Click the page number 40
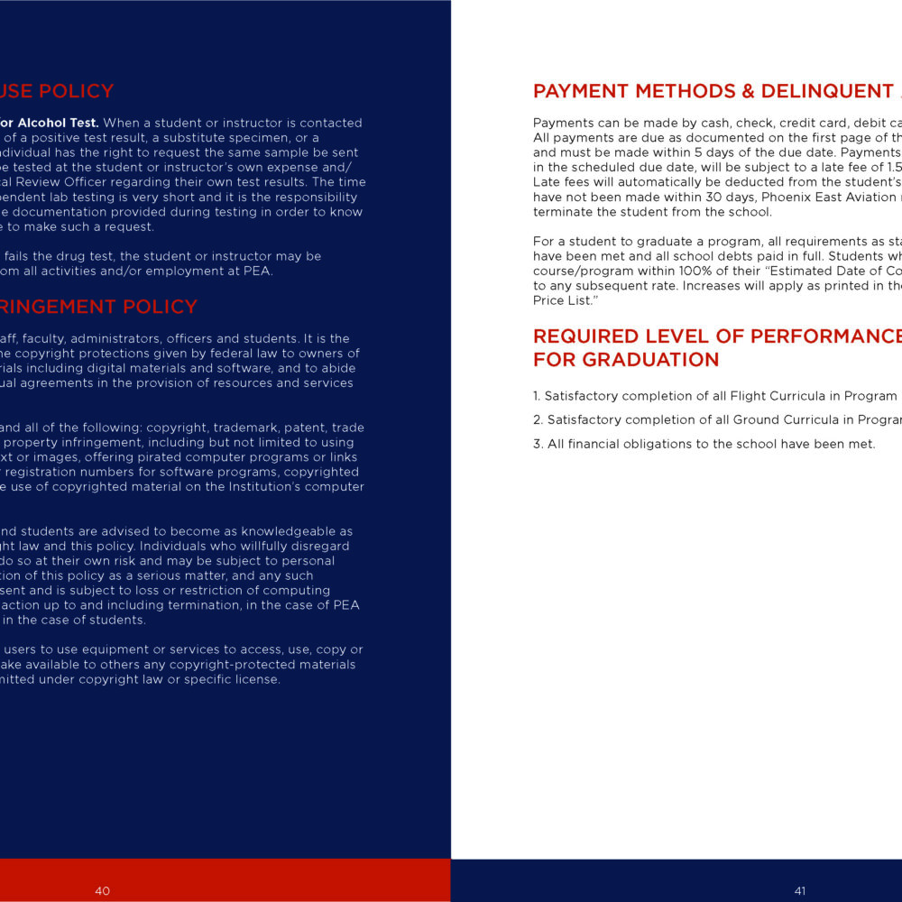coord(102,890)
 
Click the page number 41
coord(799,890)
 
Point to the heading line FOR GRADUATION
coord(626,360)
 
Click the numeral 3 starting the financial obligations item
coord(537,444)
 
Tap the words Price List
coord(554,299)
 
